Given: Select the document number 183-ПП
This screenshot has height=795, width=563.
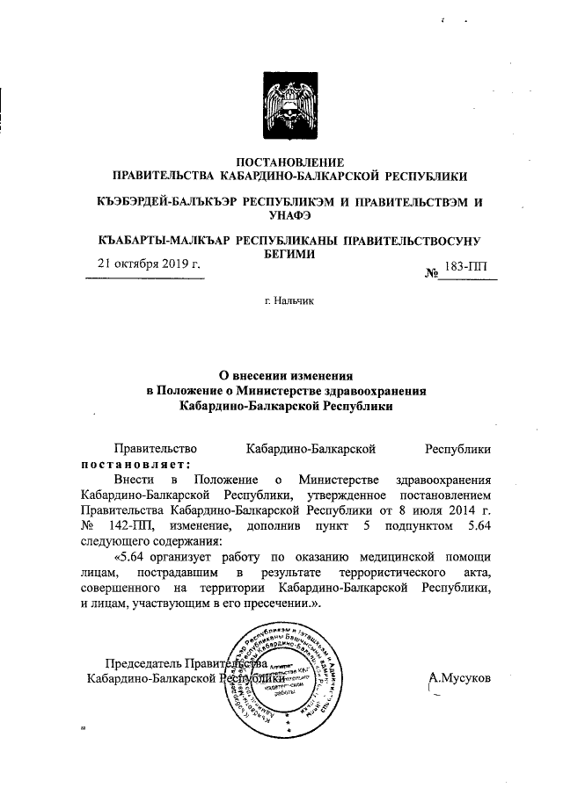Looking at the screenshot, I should (x=471, y=265).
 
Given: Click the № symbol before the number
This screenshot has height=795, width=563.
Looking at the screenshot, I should (x=432, y=272).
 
